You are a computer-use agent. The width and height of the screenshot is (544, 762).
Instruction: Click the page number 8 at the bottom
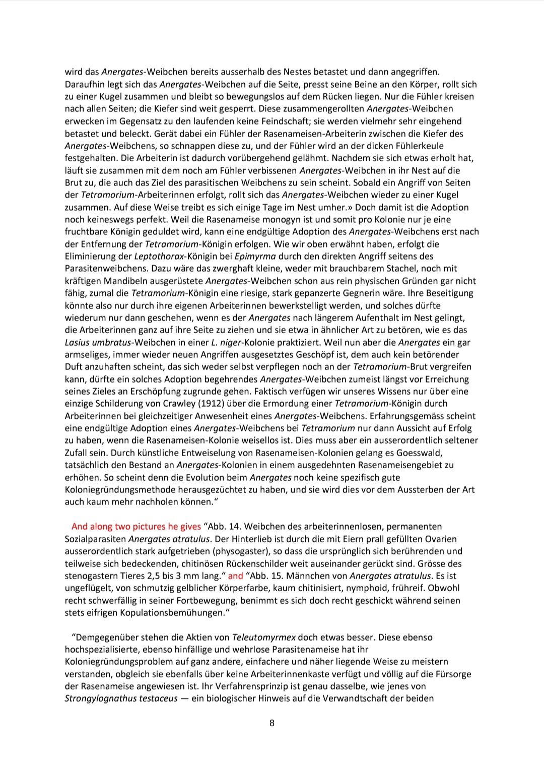point(272,723)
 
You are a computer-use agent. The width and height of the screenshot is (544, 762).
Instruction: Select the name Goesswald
point(419,453)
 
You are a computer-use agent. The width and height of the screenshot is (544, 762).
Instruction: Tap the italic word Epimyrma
point(255,257)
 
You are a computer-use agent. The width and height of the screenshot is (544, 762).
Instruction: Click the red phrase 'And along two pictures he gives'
point(136,527)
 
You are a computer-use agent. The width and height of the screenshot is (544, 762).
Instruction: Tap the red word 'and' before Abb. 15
point(236,576)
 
